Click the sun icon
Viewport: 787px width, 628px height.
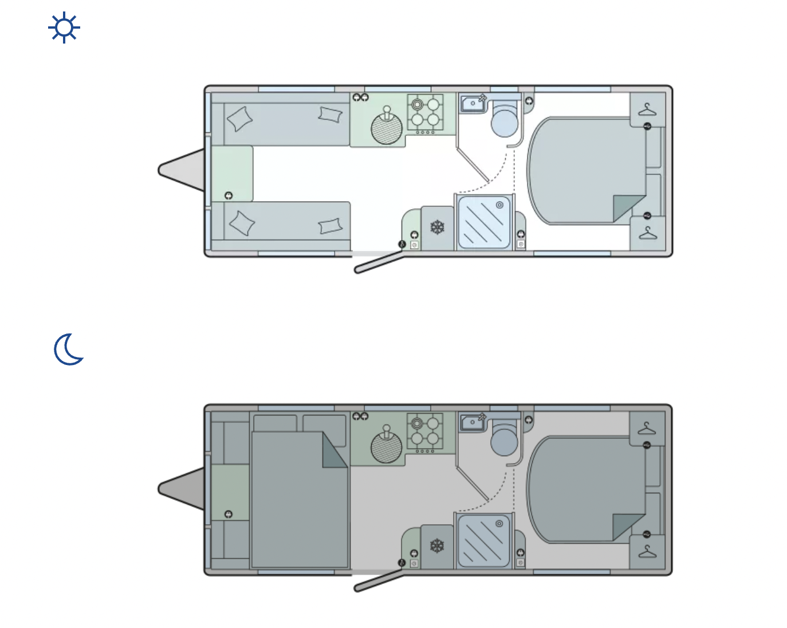click(64, 28)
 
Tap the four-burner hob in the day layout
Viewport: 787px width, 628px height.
click(425, 112)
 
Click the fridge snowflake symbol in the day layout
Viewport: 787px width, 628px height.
click(438, 227)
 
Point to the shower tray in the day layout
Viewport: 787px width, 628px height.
click(484, 222)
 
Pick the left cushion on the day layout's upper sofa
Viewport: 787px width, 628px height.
click(240, 119)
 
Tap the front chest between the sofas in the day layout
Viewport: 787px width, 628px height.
click(232, 174)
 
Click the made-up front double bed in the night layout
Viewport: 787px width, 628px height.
click(299, 499)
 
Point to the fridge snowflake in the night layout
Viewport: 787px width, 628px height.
click(438, 546)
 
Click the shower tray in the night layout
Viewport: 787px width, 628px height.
click(484, 540)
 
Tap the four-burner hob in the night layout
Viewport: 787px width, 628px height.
click(425, 431)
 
